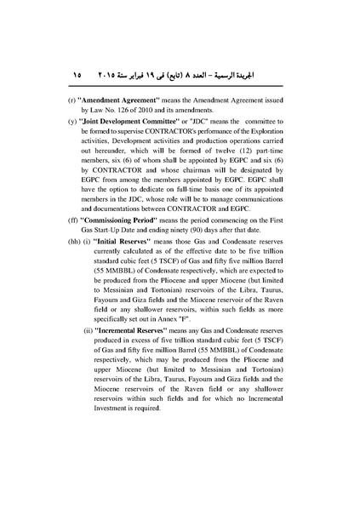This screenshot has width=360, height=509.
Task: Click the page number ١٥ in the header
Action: [77, 75]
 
